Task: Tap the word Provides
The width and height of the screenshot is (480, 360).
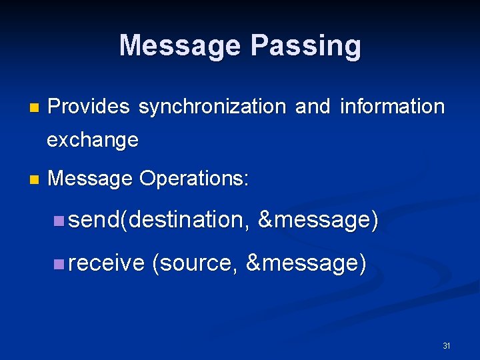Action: [89, 107]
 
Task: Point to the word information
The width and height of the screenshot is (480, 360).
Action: [392, 107]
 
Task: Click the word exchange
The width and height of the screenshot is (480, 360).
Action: [93, 141]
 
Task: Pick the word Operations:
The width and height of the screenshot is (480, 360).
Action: [194, 179]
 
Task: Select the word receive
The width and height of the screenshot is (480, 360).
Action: [106, 264]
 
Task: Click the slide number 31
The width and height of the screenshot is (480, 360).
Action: [447, 346]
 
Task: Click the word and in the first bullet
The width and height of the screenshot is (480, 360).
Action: [312, 107]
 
